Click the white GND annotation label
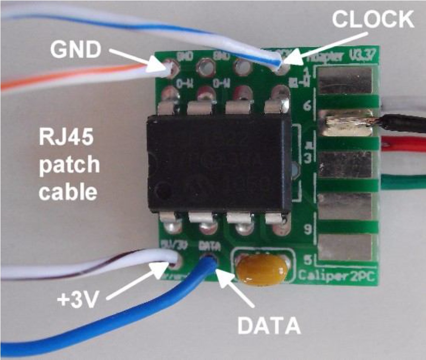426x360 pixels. tap(76, 50)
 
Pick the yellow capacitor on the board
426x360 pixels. tap(262, 268)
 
